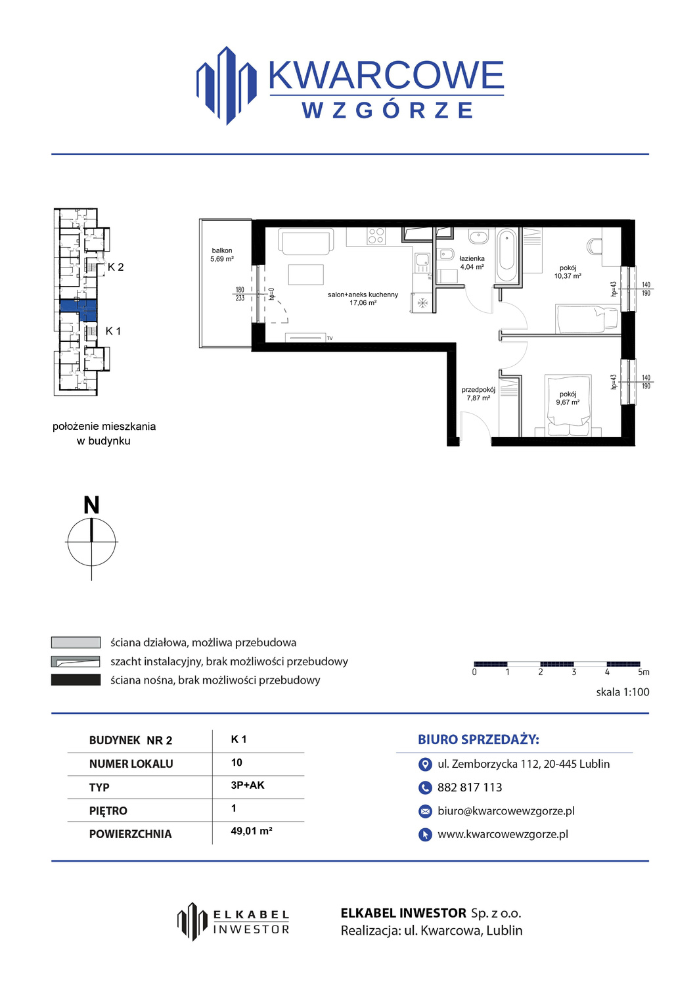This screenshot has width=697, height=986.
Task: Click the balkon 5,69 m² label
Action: pyautogui.click(x=222, y=255)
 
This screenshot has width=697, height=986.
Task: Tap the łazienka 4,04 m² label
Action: pyautogui.click(x=472, y=263)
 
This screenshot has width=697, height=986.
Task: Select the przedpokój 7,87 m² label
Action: pyautogui.click(x=478, y=394)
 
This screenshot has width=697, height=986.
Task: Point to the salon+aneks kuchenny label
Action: pyautogui.click(x=363, y=294)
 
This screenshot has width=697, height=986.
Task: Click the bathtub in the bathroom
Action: pyautogui.click(x=507, y=255)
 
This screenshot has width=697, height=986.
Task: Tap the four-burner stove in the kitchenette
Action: pyautogui.click(x=376, y=235)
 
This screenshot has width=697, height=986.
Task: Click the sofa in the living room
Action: pyautogui.click(x=305, y=241)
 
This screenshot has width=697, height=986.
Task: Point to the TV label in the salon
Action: pyautogui.click(x=330, y=338)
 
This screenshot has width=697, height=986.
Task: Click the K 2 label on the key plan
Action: pyautogui.click(x=116, y=267)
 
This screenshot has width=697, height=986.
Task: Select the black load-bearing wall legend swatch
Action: pyautogui.click(x=76, y=680)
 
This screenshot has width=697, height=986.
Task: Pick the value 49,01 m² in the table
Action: pyautogui.click(x=251, y=831)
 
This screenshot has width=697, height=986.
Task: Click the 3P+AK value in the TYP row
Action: pyautogui.click(x=247, y=786)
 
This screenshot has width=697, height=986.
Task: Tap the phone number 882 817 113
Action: pyautogui.click(x=470, y=787)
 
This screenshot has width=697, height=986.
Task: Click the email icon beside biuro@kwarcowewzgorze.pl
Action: pyautogui.click(x=424, y=810)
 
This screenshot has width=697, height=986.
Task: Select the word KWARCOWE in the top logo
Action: pyautogui.click(x=386, y=76)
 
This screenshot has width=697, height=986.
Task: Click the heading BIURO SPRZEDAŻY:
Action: pyautogui.click(x=478, y=740)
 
